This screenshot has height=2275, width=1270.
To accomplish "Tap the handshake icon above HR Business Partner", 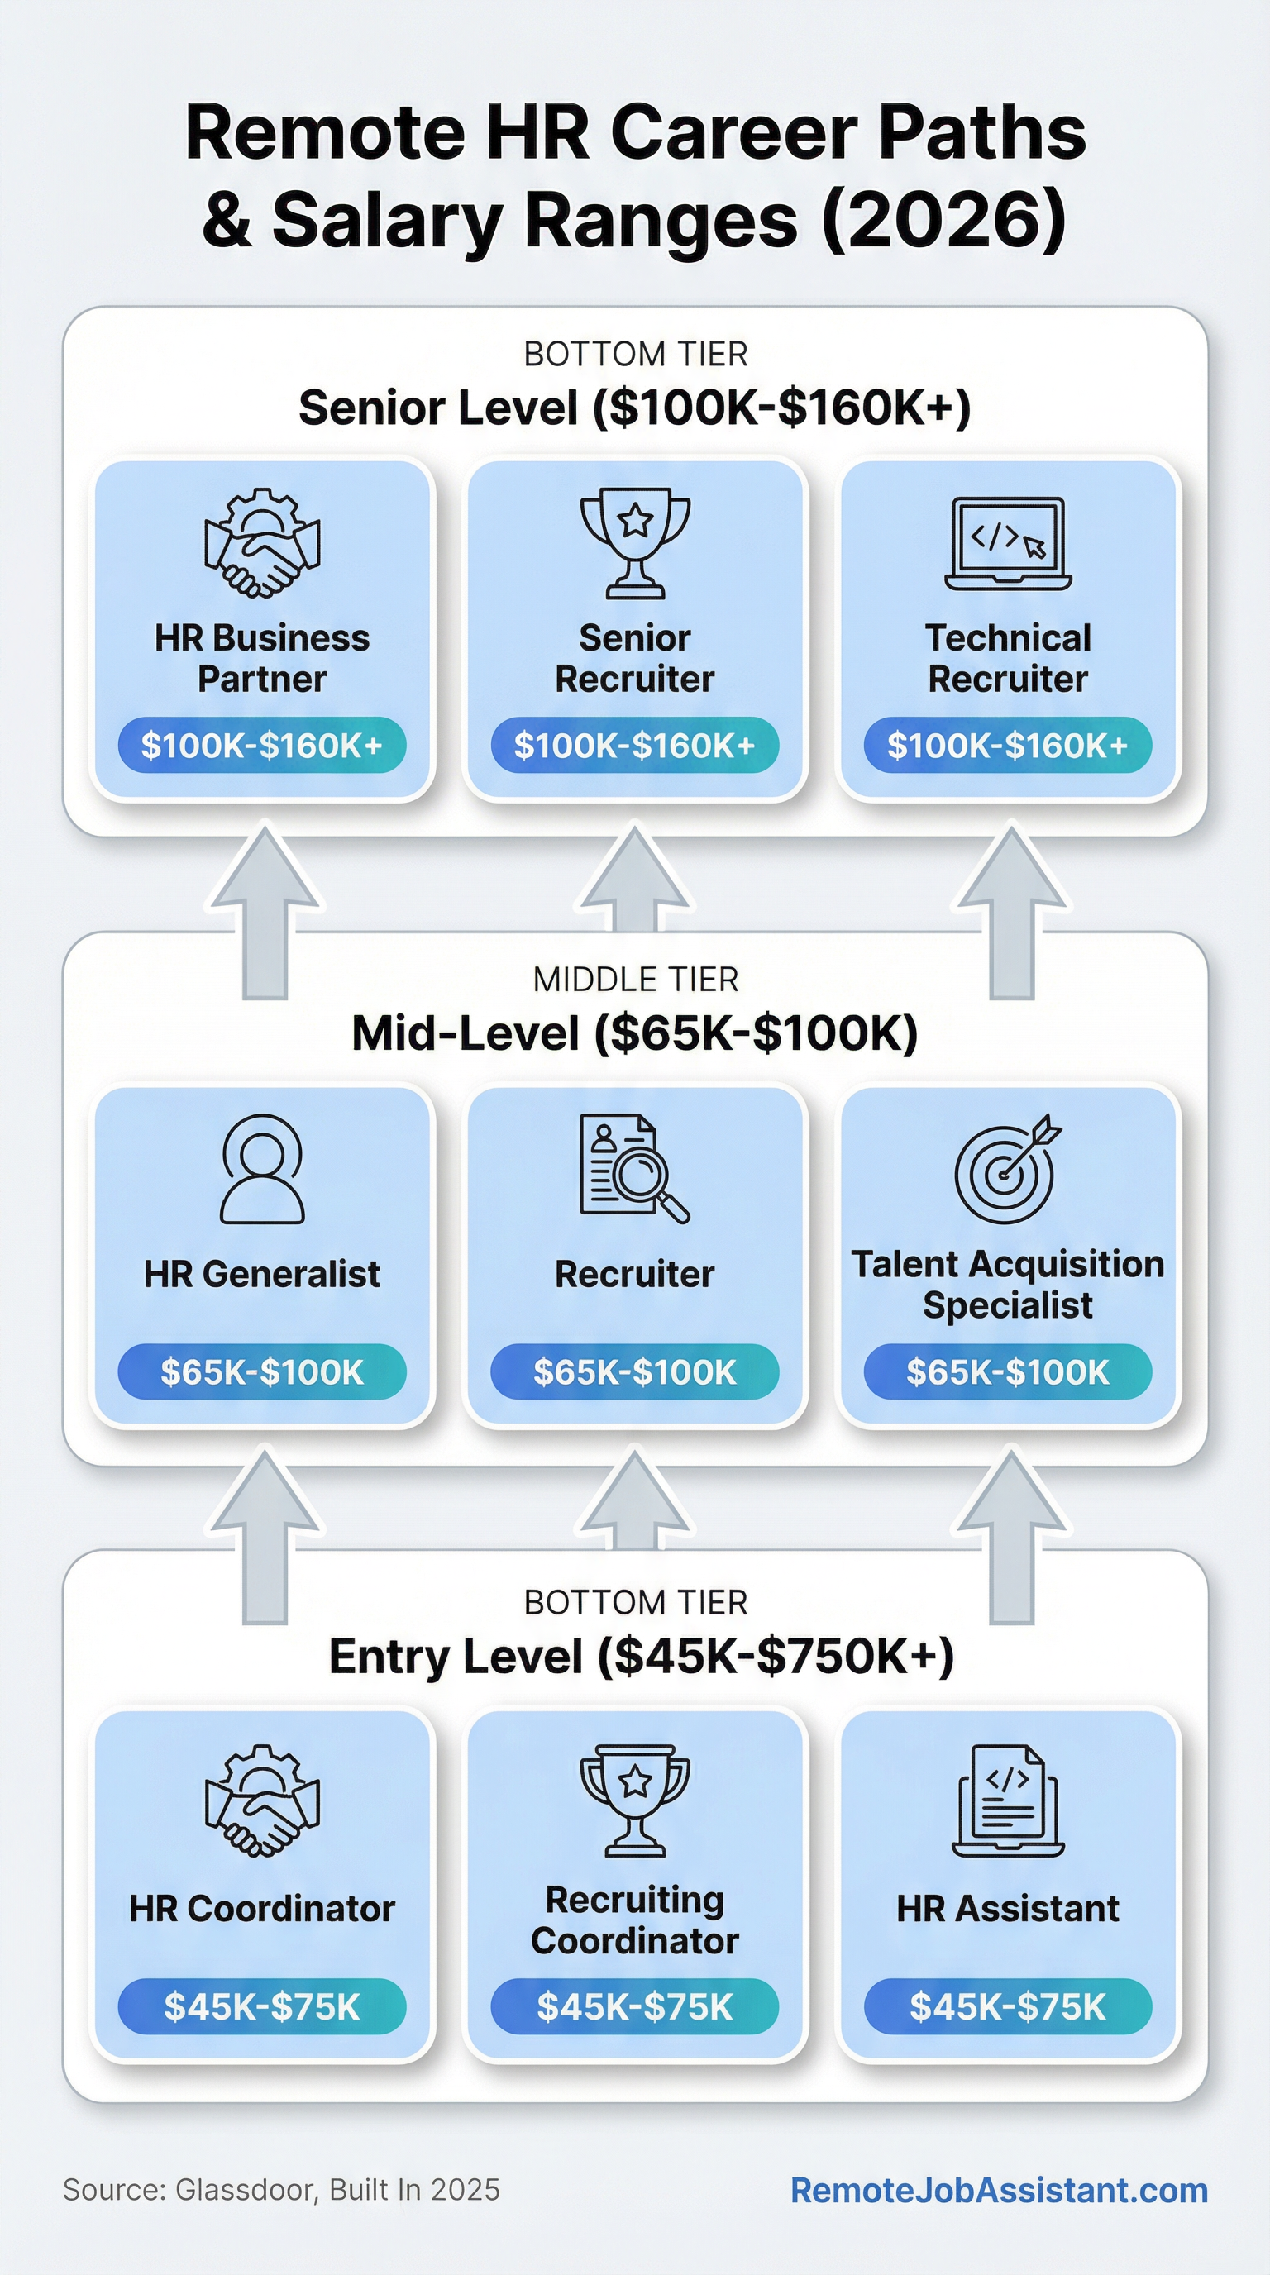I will click(x=262, y=543).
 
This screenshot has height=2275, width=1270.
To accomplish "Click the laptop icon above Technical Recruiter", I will click(x=1008, y=543).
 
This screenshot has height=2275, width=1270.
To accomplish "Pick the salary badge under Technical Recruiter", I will click(x=1008, y=746).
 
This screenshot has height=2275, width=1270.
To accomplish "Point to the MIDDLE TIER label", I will click(x=635, y=980).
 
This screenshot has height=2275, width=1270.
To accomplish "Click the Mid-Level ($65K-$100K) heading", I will click(x=635, y=1033).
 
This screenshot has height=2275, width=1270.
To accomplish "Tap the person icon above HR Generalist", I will click(x=262, y=1168).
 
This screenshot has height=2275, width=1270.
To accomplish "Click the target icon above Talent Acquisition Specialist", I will click(x=1007, y=1168).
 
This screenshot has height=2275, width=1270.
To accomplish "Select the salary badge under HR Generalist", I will click(x=262, y=1371).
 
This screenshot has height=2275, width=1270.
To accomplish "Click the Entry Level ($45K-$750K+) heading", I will click(x=641, y=1656).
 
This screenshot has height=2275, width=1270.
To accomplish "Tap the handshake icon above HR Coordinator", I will click(x=262, y=1800).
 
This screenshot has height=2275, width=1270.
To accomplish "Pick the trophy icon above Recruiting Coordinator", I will click(x=635, y=1800).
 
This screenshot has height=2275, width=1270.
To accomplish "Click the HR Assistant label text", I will click(x=1008, y=1909).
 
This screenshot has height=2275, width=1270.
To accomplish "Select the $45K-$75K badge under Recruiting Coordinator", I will click(x=635, y=2006).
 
